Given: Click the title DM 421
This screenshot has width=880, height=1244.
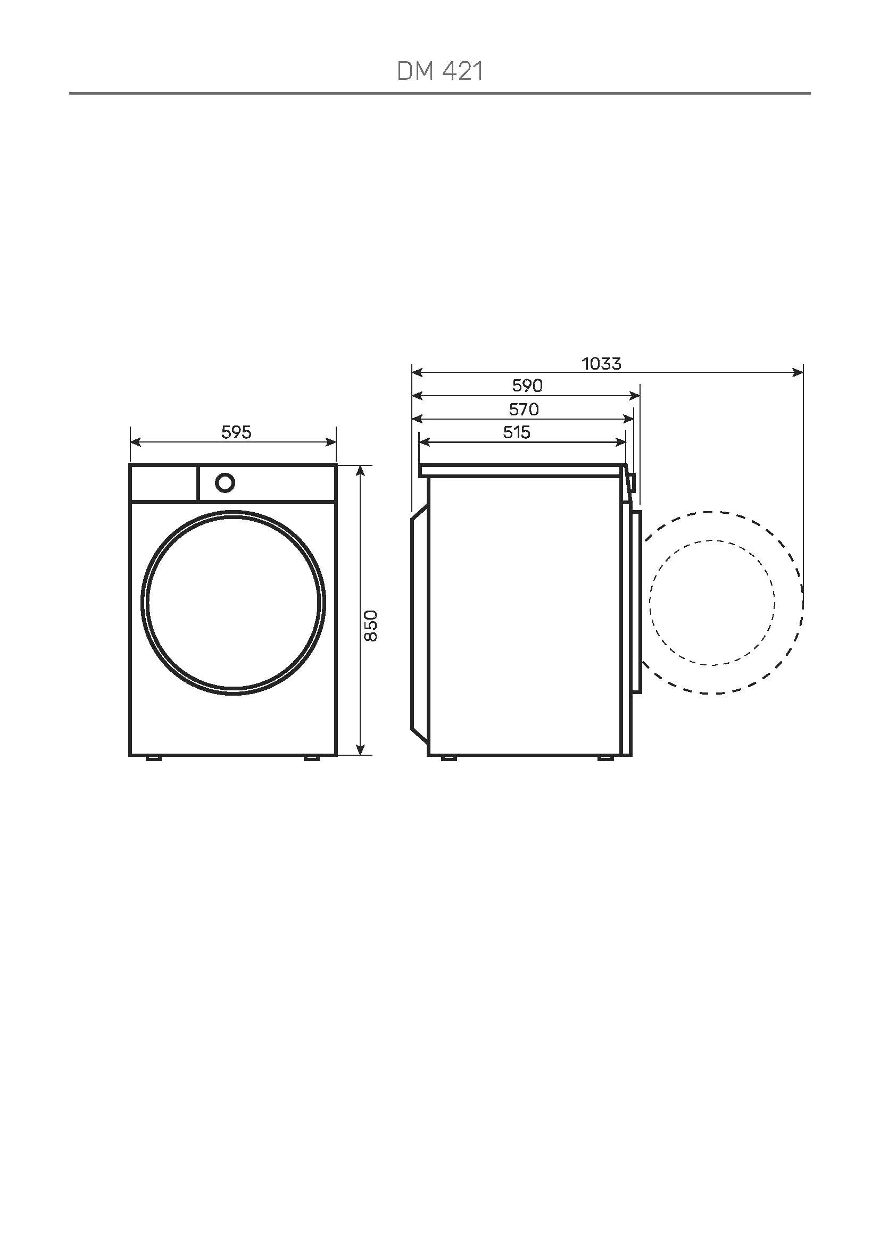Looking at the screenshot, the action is [439, 71].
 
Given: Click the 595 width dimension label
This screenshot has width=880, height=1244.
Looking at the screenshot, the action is [236, 432].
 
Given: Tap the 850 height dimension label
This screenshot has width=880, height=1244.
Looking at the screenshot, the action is [370, 626].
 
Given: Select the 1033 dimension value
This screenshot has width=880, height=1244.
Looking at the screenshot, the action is [602, 364].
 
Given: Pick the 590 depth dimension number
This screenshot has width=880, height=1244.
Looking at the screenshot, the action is [527, 385].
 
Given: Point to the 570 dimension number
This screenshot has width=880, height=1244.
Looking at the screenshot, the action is [524, 409].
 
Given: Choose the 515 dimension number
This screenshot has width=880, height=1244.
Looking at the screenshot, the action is [517, 432].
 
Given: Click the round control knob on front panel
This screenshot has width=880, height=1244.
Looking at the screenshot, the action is [225, 483].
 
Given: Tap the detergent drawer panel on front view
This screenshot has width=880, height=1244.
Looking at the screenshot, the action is [164, 483].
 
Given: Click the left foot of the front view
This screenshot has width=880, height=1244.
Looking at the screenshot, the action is [153, 758].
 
